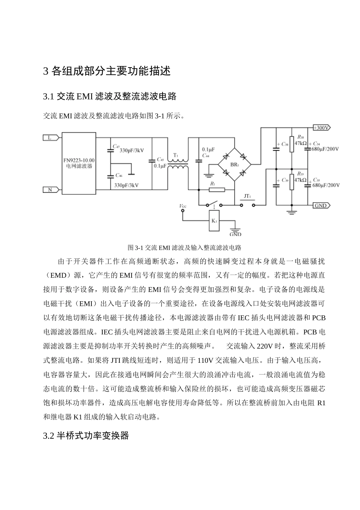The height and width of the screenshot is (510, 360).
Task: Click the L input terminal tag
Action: coord(50,138)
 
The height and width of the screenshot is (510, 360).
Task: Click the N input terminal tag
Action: coord(50,190)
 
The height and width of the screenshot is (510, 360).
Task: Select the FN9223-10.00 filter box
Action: coord(79,163)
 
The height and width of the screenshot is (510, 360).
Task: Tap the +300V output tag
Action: coord(321,128)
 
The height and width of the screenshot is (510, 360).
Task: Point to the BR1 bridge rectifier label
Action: coord(235,165)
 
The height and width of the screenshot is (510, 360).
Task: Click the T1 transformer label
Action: coord(175,156)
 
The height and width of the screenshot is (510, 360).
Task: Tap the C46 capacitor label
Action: coord(118,175)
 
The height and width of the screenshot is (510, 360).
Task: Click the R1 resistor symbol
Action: coord(216,190)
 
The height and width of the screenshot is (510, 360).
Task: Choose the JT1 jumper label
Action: coord(247,197)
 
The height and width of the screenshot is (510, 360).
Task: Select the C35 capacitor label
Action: coord(316,180)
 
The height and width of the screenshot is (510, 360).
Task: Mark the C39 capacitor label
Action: coord(285,181)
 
